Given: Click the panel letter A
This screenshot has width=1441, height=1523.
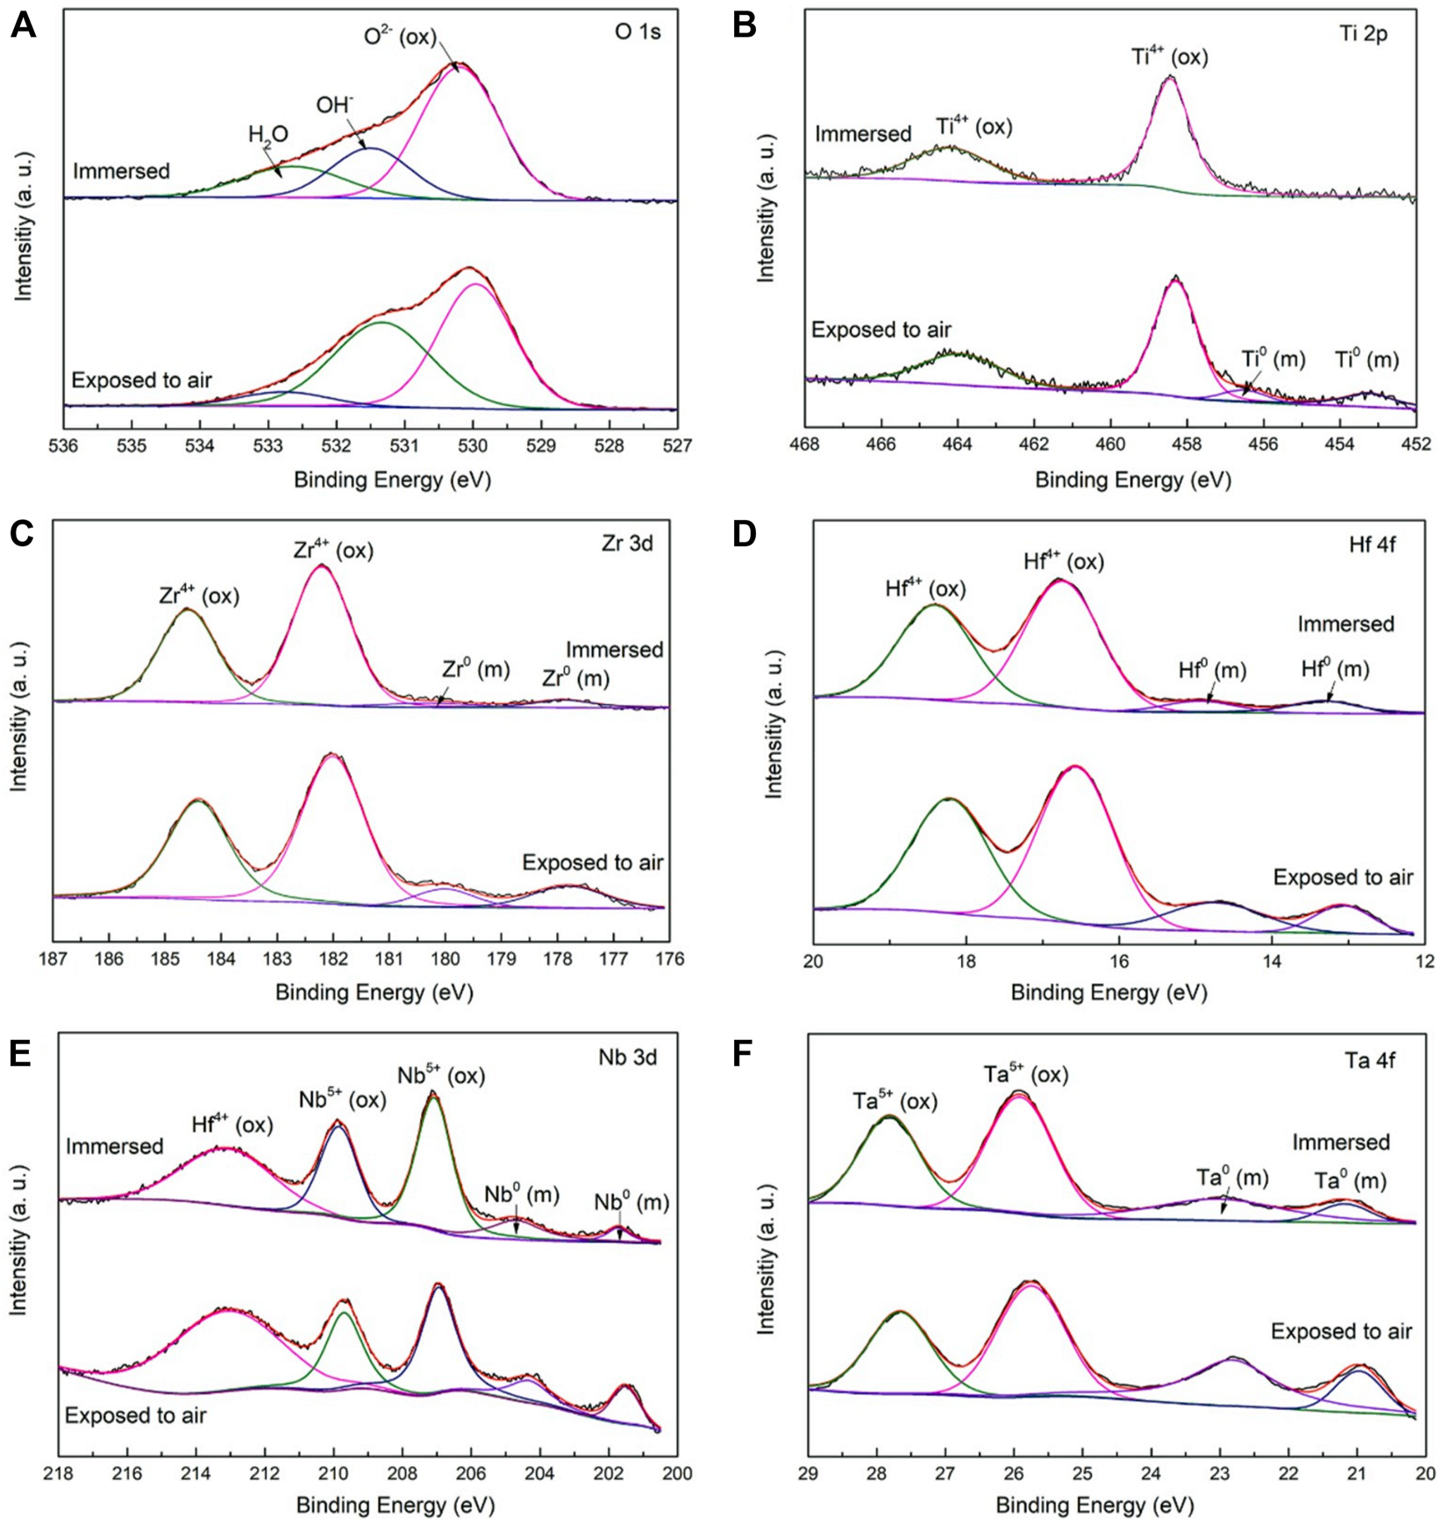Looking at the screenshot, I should pyautogui.click(x=23, y=26).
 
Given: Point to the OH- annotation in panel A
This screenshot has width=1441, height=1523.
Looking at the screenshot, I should pyautogui.click(x=335, y=105).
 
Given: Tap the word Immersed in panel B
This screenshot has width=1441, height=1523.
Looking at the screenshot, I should pyautogui.click(x=863, y=134).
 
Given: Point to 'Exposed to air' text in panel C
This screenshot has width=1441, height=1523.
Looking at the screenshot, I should pyautogui.click(x=592, y=863).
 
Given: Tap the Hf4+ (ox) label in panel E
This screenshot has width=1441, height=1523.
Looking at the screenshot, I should pyautogui.click(x=232, y=1124).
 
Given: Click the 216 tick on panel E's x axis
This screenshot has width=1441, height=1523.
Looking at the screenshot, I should pyautogui.click(x=128, y=1473).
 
